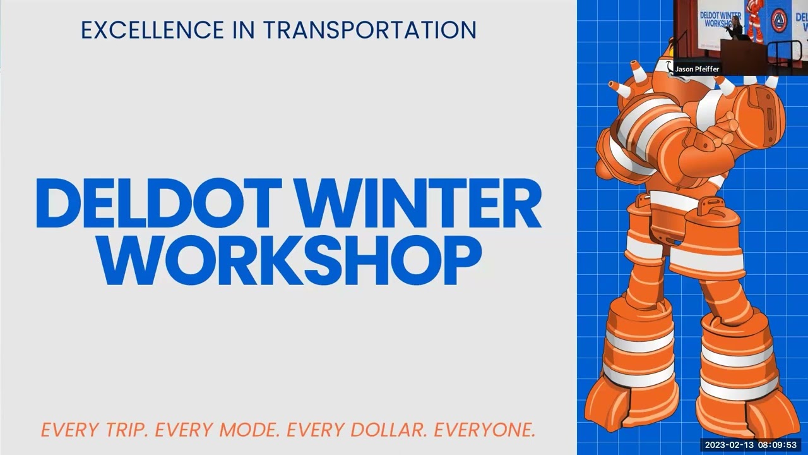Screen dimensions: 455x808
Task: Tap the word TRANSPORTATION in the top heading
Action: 369,30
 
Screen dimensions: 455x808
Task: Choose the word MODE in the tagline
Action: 249,430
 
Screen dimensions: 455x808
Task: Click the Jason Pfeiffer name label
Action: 697,69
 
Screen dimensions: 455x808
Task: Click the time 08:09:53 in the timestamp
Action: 778,445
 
